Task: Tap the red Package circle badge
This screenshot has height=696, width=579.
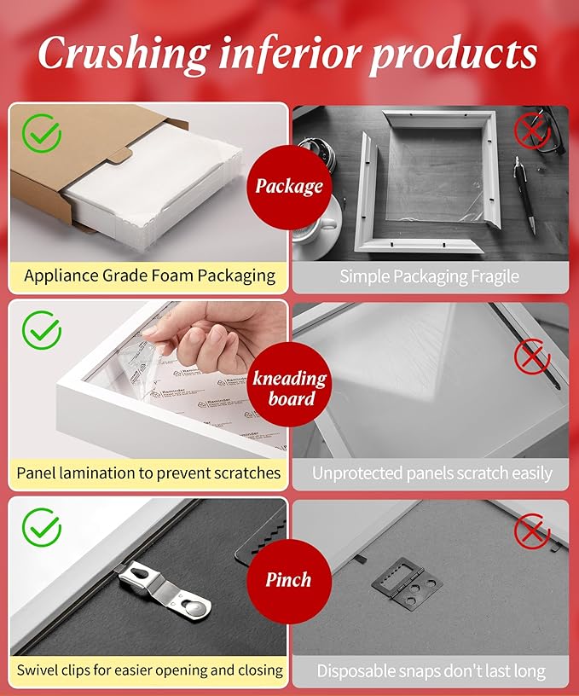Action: pos(289,186)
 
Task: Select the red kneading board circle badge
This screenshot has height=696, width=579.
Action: pos(289,388)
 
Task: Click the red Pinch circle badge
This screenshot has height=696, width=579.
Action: pos(288,580)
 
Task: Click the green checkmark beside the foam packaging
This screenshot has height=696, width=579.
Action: pos(41,133)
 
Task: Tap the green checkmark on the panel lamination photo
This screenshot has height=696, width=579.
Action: pos(41,330)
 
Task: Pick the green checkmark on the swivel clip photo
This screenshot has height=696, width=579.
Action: pos(41,526)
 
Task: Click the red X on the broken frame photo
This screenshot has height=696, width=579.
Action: pos(532,130)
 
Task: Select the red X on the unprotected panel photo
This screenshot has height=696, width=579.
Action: pos(532,354)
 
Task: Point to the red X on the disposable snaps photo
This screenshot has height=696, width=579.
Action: pos(532,533)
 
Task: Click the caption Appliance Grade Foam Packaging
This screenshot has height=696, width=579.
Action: pos(149,275)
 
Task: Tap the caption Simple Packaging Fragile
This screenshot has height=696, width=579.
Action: pos(429,275)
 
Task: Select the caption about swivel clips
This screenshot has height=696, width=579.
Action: pos(149,670)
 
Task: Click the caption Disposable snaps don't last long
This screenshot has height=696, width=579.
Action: pos(431,670)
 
